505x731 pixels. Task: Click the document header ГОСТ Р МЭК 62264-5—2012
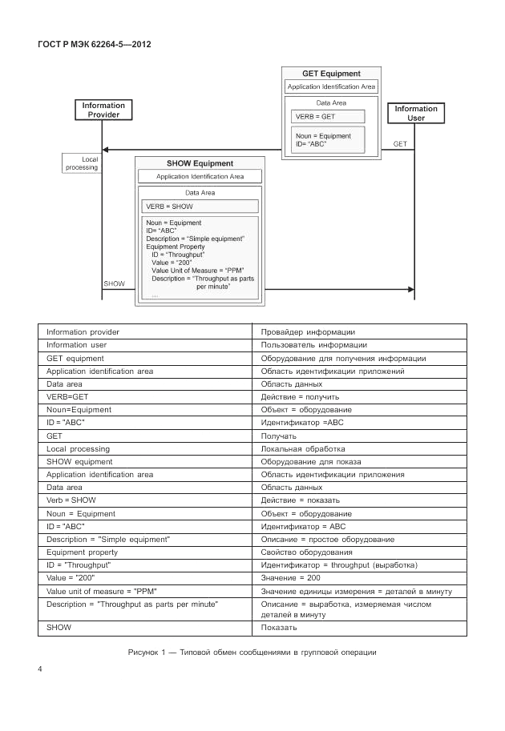(x=94, y=44)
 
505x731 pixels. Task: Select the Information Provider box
(x=103, y=110)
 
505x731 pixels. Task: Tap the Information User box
(x=415, y=113)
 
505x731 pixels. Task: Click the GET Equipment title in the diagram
(x=331, y=74)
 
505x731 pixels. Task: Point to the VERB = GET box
(x=323, y=117)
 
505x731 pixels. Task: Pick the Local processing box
(x=79, y=163)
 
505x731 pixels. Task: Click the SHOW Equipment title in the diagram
(x=200, y=163)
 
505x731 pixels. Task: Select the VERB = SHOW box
(x=200, y=207)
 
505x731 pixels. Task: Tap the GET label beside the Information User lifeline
(x=400, y=143)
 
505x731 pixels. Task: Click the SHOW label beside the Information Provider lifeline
(x=115, y=283)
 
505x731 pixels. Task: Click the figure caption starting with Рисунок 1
(x=252, y=653)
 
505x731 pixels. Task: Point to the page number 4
(x=40, y=669)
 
